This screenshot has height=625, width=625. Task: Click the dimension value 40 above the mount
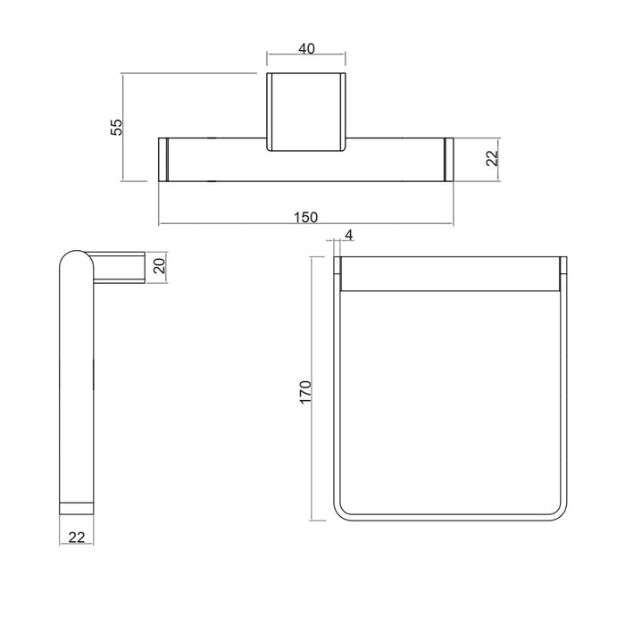pyautogui.click(x=306, y=48)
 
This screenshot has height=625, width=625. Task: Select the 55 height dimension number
pyautogui.click(x=117, y=127)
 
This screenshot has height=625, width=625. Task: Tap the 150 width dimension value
pyautogui.click(x=305, y=217)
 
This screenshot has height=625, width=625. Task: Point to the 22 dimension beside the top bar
pyautogui.click(x=493, y=158)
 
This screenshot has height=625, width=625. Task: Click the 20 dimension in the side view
pyautogui.click(x=159, y=265)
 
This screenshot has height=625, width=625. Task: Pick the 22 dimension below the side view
pyautogui.click(x=77, y=537)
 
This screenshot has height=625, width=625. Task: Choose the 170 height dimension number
pyautogui.click(x=305, y=392)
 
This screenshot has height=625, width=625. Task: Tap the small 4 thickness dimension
pyautogui.click(x=349, y=235)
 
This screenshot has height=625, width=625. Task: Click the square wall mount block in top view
pyautogui.click(x=306, y=112)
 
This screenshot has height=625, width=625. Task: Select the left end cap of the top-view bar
pyautogui.click(x=163, y=160)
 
